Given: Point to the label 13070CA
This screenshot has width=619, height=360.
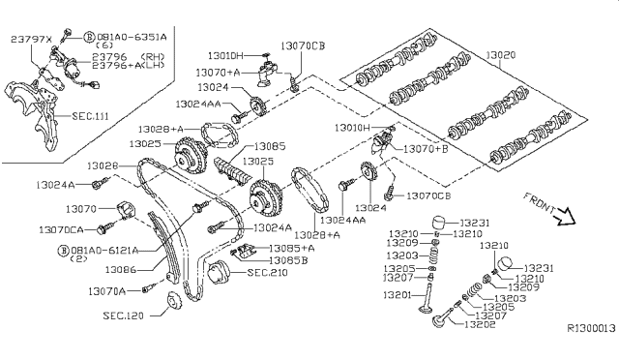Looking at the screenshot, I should coord(63,229).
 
